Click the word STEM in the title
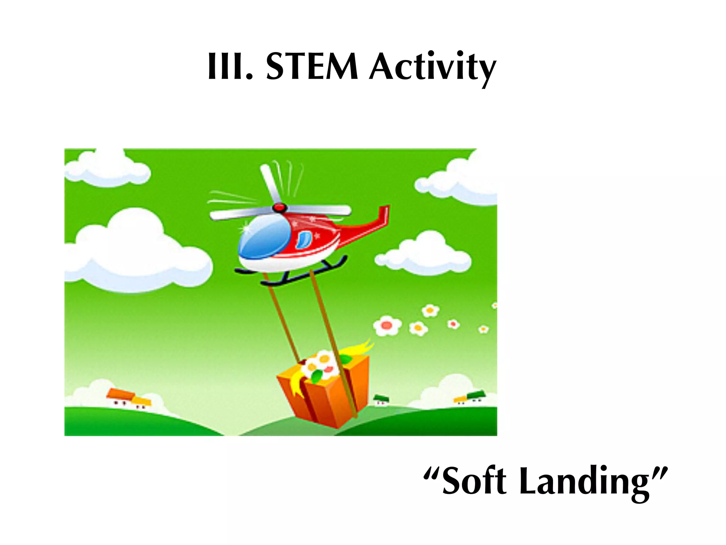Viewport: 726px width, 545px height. [312, 67]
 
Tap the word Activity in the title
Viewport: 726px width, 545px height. [432, 67]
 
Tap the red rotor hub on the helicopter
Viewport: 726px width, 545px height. [279, 207]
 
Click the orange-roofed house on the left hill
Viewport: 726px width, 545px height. [121, 396]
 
